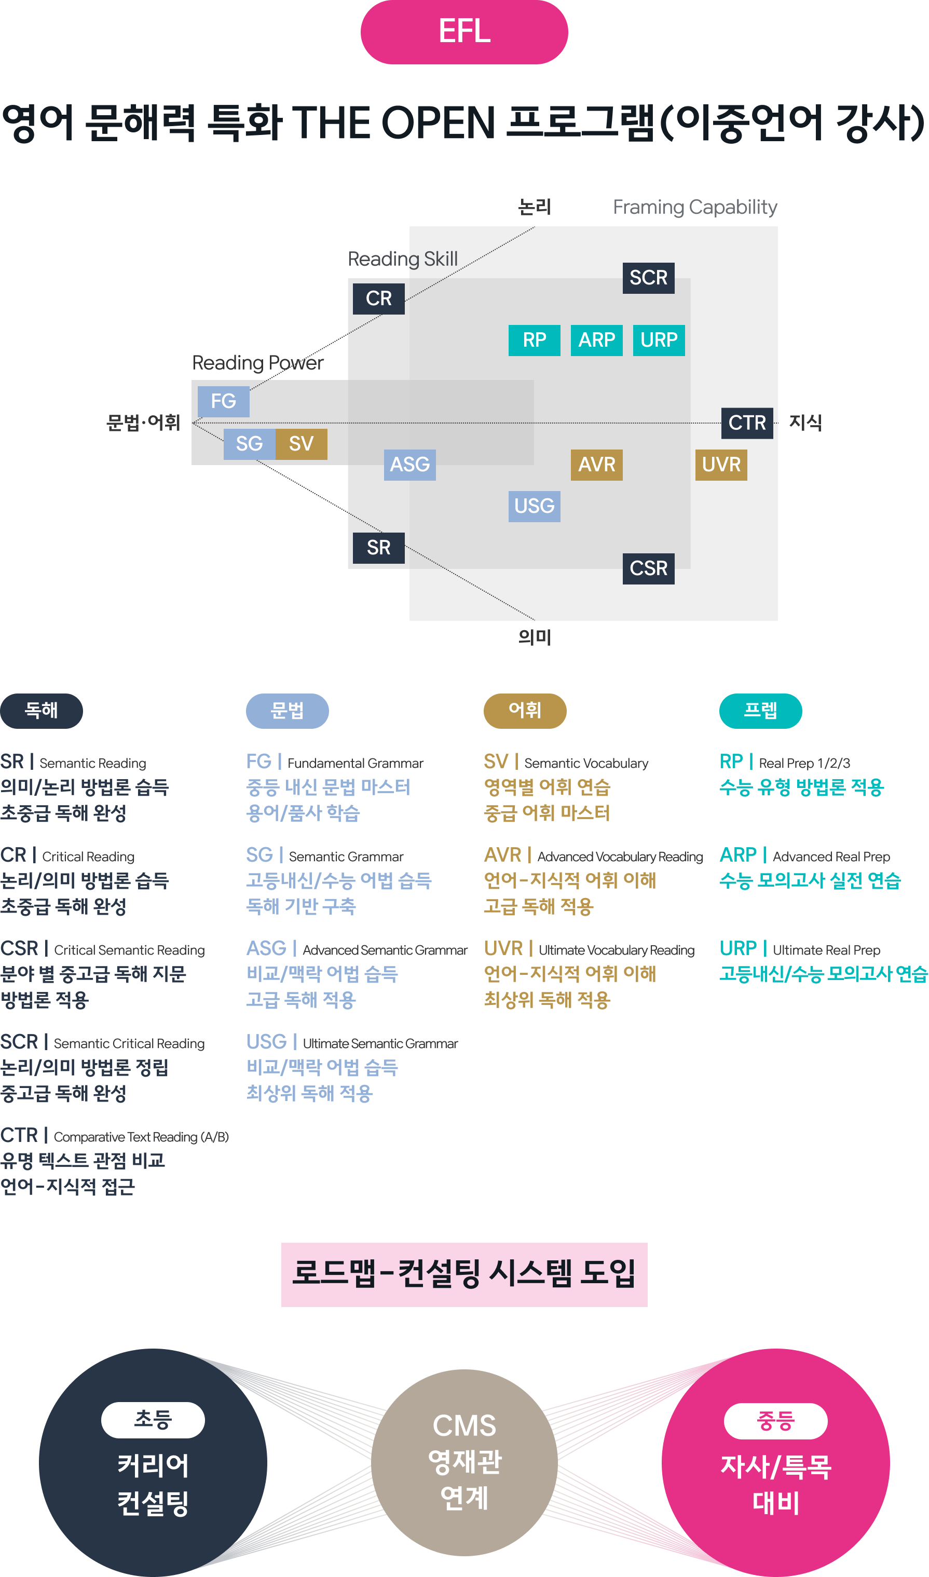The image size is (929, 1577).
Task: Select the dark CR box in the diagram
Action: [x=379, y=298]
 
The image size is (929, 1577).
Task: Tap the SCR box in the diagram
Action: [x=649, y=278]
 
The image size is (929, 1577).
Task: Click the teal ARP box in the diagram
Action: [x=597, y=340]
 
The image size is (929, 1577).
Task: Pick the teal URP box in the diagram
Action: [x=659, y=340]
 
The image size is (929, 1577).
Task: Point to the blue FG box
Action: [x=224, y=401]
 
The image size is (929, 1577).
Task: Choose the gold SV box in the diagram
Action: [x=301, y=444]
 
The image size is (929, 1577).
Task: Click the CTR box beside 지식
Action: [x=747, y=423]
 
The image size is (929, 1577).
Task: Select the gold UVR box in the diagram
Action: [x=721, y=465]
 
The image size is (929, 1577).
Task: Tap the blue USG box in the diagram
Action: [x=534, y=506]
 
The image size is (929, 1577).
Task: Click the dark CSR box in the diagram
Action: [x=649, y=568]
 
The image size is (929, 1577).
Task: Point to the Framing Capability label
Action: [x=695, y=207]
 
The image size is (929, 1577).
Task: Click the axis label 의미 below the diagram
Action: [x=535, y=637]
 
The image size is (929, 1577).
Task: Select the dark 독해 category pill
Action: [x=42, y=711]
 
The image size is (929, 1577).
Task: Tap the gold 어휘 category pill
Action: [x=525, y=711]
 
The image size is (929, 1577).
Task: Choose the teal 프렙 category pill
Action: [x=761, y=711]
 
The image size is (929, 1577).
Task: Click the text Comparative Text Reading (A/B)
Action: [x=142, y=1137]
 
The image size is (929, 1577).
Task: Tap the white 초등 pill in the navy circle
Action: [x=153, y=1420]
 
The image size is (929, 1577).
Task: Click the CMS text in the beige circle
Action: [x=464, y=1425]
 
